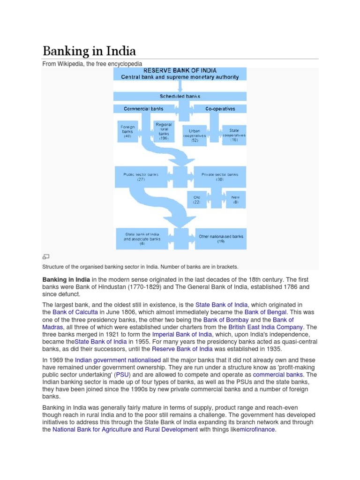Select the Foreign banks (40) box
point(127,132)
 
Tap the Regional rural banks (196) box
point(163,132)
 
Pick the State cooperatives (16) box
point(234,135)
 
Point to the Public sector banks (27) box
point(141,177)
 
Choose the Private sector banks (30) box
point(219,177)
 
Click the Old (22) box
point(197,200)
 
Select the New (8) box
point(235,200)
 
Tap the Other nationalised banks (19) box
point(221,239)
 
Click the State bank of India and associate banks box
point(142,239)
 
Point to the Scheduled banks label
point(180,96)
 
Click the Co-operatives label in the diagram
point(220,109)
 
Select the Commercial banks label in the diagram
point(143,109)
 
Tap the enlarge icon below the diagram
point(46,256)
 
